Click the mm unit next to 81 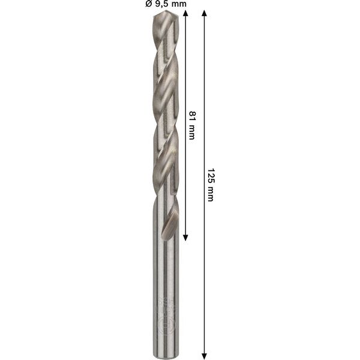tap(192, 131)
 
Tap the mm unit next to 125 tap(209, 193)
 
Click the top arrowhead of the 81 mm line tap(186, 14)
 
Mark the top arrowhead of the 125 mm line tap(204, 14)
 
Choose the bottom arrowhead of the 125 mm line tap(204, 352)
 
